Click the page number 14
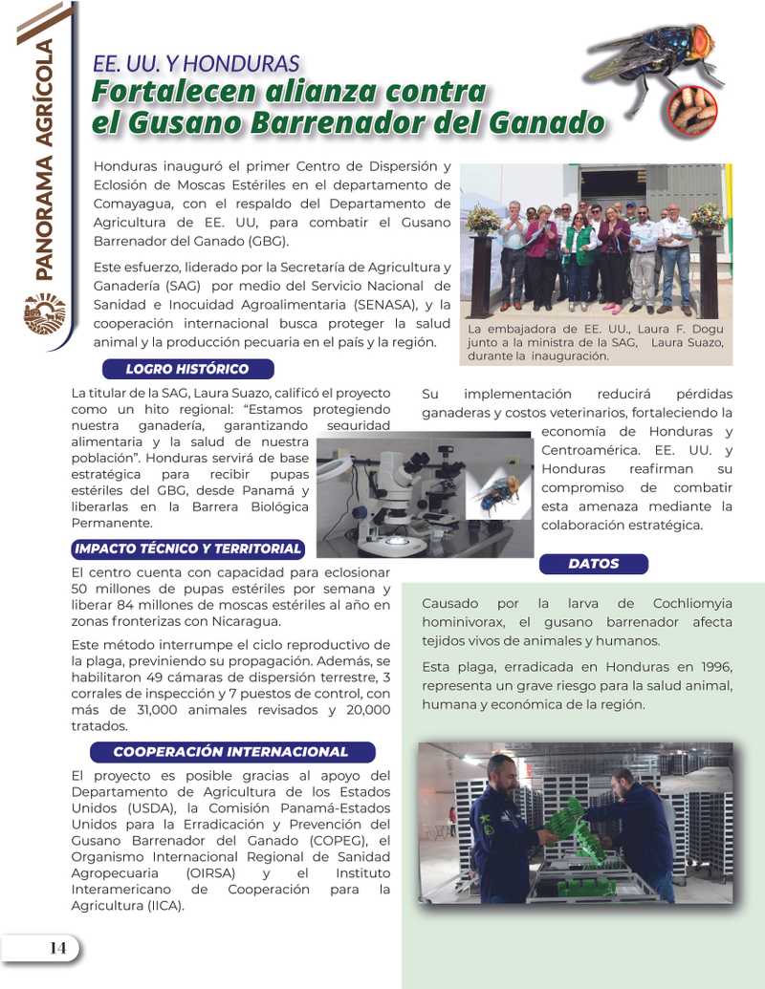pyautogui.click(x=57, y=948)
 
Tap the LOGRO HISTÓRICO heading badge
pyautogui.click(x=187, y=369)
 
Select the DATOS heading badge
pyautogui.click(x=594, y=564)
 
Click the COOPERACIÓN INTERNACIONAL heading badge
pyautogui.click(x=230, y=752)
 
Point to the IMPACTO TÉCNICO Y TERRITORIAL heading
pyautogui.click(x=188, y=548)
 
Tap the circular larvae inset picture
pyautogui.click(x=692, y=109)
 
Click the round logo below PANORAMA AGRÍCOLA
pyautogui.click(x=45, y=313)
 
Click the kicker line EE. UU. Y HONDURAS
pyautogui.click(x=196, y=65)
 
